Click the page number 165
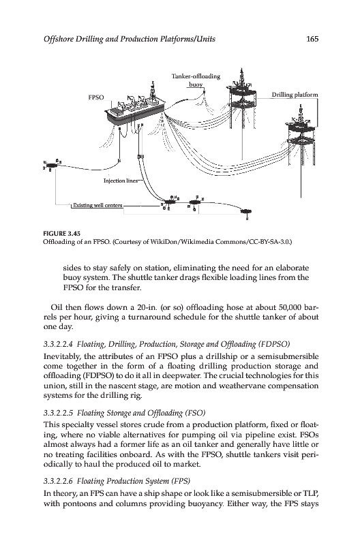pos(312,39)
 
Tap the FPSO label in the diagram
pos(96,97)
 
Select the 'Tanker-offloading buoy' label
pos(196,80)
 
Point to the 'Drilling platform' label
pos(295,95)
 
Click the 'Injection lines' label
pos(121,181)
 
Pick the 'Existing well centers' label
pos(97,205)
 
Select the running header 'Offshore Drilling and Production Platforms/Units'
pos(130,39)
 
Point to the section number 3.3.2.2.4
pos(58,344)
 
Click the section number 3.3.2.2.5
pos(58,413)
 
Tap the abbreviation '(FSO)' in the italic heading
pos(196,413)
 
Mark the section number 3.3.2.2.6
pos(58,481)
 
